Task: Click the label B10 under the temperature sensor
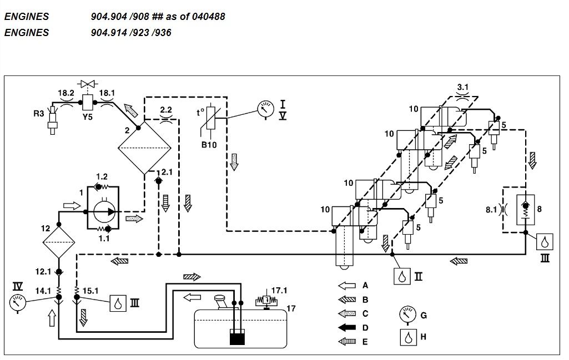[x=209, y=145]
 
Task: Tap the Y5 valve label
[x=88, y=117]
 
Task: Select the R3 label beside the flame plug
[x=39, y=114]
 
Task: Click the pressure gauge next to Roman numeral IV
[x=17, y=303]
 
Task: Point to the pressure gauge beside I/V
[x=266, y=109]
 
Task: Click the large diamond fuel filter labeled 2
[x=144, y=148]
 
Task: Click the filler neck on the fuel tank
[x=221, y=302]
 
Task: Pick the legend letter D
[x=365, y=328]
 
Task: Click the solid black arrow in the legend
[x=347, y=328]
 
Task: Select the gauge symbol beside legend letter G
[x=407, y=315]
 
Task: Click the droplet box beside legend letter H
[x=409, y=337]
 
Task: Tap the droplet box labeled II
[x=402, y=276]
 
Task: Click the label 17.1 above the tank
[x=279, y=291]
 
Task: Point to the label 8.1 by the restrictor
[x=491, y=210]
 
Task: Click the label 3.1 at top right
[x=462, y=87]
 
